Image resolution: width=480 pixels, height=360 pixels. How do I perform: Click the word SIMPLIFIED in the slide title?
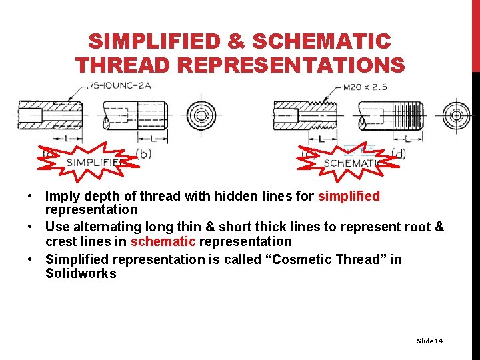click(154, 42)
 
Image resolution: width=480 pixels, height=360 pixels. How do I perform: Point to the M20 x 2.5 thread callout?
click(365, 87)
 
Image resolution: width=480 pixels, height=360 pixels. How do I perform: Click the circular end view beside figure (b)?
click(201, 115)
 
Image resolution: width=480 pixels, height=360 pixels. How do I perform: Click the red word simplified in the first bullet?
click(349, 196)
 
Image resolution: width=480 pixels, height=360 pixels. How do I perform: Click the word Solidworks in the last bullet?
click(81, 273)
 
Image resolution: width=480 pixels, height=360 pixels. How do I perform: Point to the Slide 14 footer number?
click(429, 341)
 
